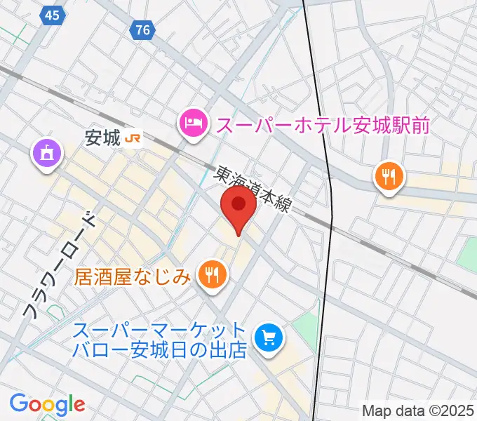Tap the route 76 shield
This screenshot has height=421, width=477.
[143, 30]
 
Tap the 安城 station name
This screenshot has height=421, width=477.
[102, 139]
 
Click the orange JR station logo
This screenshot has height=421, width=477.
[133, 139]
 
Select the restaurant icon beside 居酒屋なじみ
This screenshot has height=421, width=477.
[211, 274]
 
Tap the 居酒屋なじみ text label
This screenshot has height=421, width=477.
[133, 276]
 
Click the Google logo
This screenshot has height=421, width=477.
[48, 404]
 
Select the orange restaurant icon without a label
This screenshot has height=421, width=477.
[388, 177]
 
